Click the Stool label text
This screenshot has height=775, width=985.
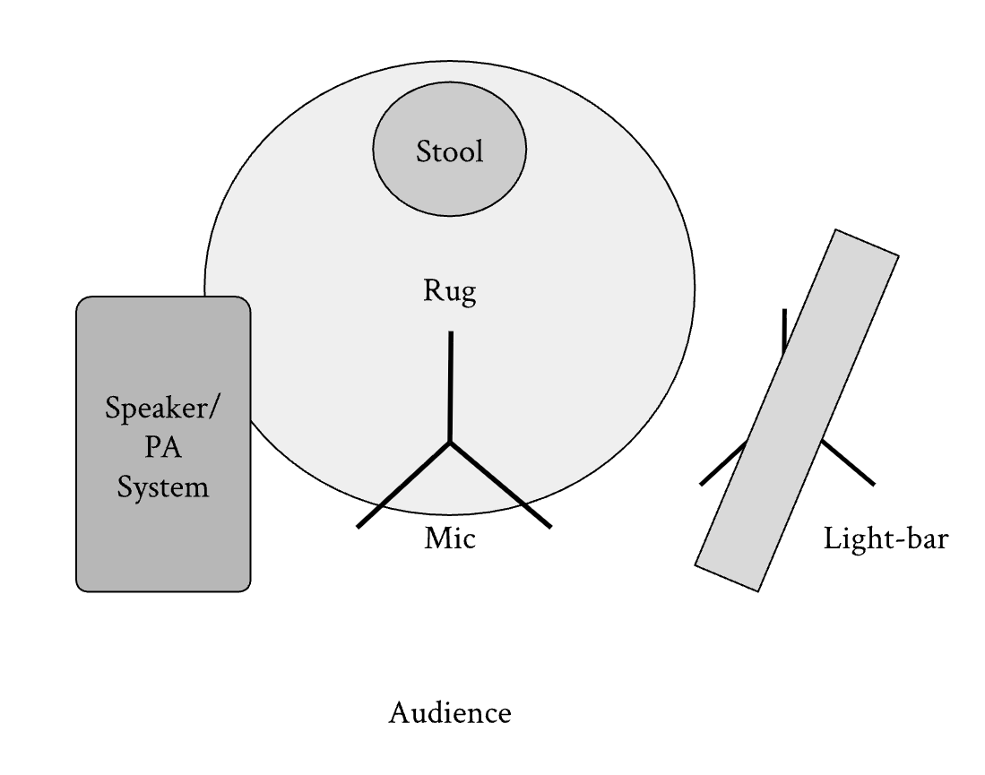point(450,152)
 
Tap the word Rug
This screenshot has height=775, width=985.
point(450,291)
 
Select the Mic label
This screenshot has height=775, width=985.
point(450,538)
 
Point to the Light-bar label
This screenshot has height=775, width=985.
point(886,538)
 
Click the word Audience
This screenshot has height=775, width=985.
point(450,713)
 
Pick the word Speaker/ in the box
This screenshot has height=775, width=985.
point(163,409)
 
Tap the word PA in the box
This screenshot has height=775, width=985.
point(163,448)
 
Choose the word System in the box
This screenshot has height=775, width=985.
point(163,488)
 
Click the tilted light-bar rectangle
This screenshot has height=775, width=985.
point(797,410)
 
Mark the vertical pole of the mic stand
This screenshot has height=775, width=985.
point(451,386)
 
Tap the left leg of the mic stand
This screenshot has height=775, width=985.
point(403,484)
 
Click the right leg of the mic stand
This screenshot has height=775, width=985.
point(501,484)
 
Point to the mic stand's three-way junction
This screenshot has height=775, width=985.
point(450,442)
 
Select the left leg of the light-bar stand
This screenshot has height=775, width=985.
point(723,462)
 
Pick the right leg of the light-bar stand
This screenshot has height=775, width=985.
point(848,461)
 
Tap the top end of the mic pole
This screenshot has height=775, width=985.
point(451,332)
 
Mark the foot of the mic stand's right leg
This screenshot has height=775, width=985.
point(550,527)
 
